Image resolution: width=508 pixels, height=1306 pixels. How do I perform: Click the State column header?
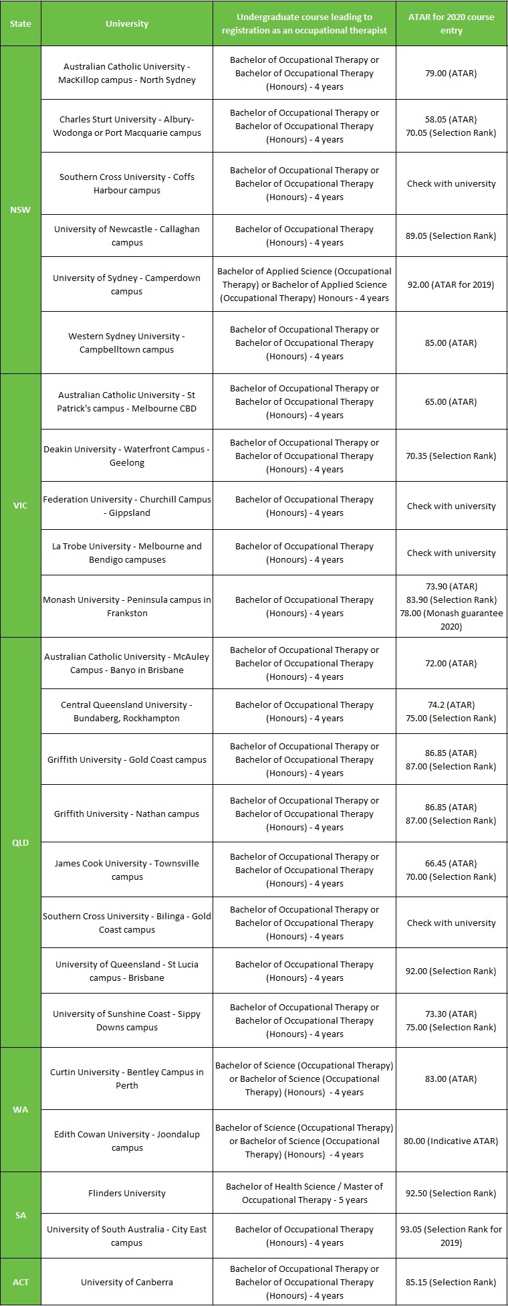click(21, 23)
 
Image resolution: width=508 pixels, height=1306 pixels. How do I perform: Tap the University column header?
click(127, 23)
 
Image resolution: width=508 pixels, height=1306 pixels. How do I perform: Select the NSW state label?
click(21, 209)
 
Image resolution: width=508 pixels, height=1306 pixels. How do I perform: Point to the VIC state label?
click(21, 505)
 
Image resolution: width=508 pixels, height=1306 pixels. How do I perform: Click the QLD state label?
click(21, 842)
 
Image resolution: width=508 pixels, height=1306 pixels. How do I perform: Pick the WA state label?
click(21, 1109)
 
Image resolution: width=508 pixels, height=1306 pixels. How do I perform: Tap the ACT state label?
click(21, 1282)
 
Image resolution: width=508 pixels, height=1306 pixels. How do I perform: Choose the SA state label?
click(21, 1215)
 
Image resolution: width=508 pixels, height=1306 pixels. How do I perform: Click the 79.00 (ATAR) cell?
click(451, 73)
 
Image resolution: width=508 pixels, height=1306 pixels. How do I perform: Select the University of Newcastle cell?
click(127, 236)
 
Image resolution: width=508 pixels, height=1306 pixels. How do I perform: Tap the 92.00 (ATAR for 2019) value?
click(451, 284)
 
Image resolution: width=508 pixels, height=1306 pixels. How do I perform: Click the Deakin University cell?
click(127, 456)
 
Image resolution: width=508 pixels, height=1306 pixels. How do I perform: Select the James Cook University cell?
click(127, 870)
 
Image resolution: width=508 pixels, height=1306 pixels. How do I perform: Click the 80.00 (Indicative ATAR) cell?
click(451, 1141)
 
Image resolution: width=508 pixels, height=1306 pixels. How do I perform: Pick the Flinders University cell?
click(127, 1193)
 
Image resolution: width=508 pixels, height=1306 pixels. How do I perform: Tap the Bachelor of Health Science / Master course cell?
click(304, 1193)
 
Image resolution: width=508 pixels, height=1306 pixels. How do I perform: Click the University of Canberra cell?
click(127, 1282)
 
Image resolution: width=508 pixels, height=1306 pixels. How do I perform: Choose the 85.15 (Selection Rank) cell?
click(451, 1282)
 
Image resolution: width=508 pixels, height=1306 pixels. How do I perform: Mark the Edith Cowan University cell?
click(127, 1141)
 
